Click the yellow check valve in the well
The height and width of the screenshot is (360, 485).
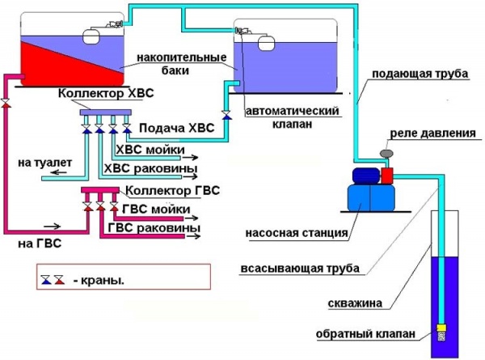[441, 328]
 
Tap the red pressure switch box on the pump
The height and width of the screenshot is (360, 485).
[386, 176]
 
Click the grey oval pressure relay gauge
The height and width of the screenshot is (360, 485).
[386, 153]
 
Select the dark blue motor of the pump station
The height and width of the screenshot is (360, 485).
[366, 176]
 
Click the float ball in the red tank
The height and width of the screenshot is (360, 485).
[91, 36]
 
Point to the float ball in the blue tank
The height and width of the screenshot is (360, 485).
[266, 43]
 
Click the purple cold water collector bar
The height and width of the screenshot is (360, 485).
[105, 112]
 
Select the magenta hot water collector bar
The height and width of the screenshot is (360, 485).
[100, 190]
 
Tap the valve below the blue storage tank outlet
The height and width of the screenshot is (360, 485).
[226, 115]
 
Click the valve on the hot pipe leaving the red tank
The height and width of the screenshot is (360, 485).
[6, 104]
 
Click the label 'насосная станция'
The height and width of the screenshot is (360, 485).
[297, 233]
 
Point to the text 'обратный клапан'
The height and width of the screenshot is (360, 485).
[365, 334]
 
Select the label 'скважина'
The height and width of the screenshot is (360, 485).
[355, 303]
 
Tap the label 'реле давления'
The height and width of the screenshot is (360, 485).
[432, 133]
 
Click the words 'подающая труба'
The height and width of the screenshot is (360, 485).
[420, 74]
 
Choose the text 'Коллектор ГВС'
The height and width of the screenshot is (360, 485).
[173, 190]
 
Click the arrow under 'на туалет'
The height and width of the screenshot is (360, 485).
[58, 172]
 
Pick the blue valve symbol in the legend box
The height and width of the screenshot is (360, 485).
[46, 280]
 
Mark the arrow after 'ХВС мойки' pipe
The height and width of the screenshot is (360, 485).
[190, 158]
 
